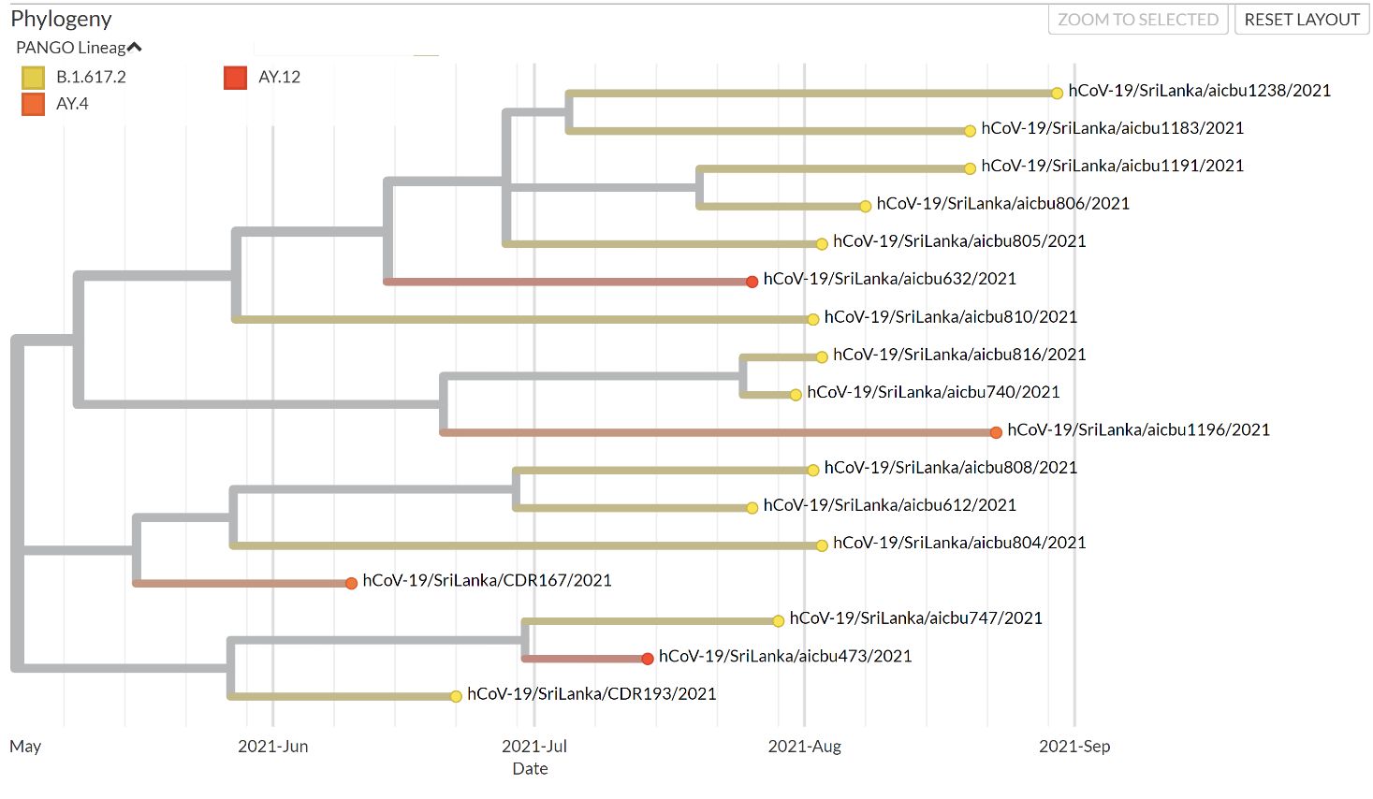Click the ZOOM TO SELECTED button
tap(1137, 20)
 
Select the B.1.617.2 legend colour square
tap(33, 78)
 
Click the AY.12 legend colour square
tap(236, 78)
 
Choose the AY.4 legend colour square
tap(33, 104)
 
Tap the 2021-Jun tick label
tap(272, 747)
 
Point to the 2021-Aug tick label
tap(804, 747)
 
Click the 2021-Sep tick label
tap(1074, 747)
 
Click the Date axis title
tap(530, 769)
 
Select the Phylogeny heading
tap(61, 19)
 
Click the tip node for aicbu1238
tap(1057, 93)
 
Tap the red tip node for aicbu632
tap(752, 282)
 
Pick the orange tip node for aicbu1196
tap(996, 432)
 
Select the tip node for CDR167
tap(351, 583)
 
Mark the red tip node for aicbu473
tap(648, 659)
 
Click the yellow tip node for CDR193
tap(456, 696)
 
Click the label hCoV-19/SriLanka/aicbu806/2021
tap(1002, 204)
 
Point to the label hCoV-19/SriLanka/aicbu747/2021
tap(915, 618)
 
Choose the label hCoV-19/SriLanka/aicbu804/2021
tap(959, 543)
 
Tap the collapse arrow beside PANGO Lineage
tap(135, 48)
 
